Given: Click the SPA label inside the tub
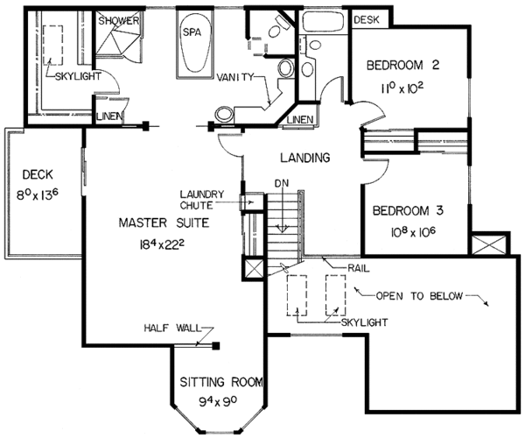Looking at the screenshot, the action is pos(192,32).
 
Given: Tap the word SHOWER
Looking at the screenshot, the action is pos(118,21).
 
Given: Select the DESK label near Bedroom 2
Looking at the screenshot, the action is pos(367,20).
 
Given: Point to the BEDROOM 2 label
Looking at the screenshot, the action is pos(402,65).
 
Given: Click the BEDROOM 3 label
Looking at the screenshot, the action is pos(408,211).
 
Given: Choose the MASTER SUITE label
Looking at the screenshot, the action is pos(164,223).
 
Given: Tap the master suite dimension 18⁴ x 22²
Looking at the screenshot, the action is pos(162,245).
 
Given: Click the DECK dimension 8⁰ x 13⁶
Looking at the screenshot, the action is pos(38,194).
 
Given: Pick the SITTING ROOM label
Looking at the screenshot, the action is pos(221,382).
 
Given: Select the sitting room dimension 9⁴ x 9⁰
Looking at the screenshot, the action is pos(218,401).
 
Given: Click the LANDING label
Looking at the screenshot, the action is pos(305,157).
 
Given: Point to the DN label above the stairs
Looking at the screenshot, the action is pos(282,183).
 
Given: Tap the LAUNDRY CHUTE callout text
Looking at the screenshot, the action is pos(201,200).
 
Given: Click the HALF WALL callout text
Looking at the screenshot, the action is pos(172,328).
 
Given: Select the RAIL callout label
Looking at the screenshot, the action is pos(358,268).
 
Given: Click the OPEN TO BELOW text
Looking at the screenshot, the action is pos(419,296).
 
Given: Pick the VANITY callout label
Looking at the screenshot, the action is pos(235,77).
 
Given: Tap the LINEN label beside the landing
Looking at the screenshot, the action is pos(300,119).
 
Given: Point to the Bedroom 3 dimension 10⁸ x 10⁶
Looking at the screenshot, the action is pos(413,231).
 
